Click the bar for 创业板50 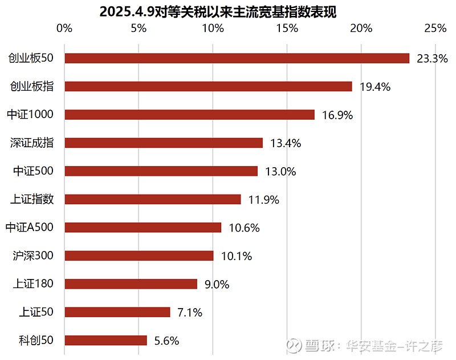click(x=237, y=58)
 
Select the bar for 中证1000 click(x=190, y=115)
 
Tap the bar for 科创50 click(x=106, y=341)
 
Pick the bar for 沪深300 click(x=139, y=256)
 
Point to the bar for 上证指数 click(x=153, y=199)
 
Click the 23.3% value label click(x=432, y=58)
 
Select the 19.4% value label click(x=375, y=87)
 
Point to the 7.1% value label click(x=190, y=312)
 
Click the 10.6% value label click(x=244, y=228)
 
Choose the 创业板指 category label click(x=32, y=86)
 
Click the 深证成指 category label click(x=32, y=143)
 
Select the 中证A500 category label click(x=29, y=227)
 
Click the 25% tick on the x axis click(x=435, y=29)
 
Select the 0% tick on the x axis click(x=65, y=29)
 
